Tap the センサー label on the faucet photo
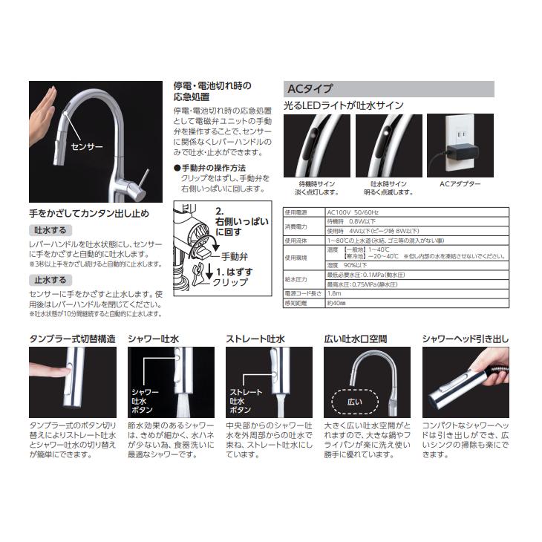point(86,147)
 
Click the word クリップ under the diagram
point(232,282)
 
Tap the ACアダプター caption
point(460,183)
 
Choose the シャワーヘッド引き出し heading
point(466,339)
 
